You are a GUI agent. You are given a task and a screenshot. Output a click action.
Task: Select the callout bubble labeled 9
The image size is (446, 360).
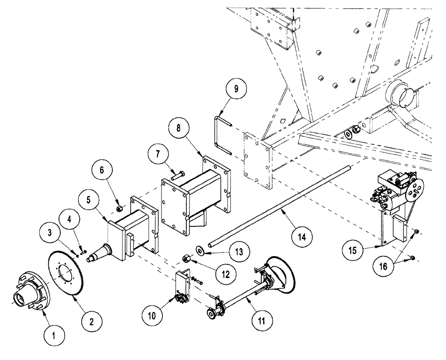coord(236,89)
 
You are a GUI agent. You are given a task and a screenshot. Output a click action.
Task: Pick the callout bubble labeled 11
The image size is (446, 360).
coord(260,319)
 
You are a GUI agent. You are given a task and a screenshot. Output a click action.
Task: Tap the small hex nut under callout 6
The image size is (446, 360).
coord(119,208)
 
